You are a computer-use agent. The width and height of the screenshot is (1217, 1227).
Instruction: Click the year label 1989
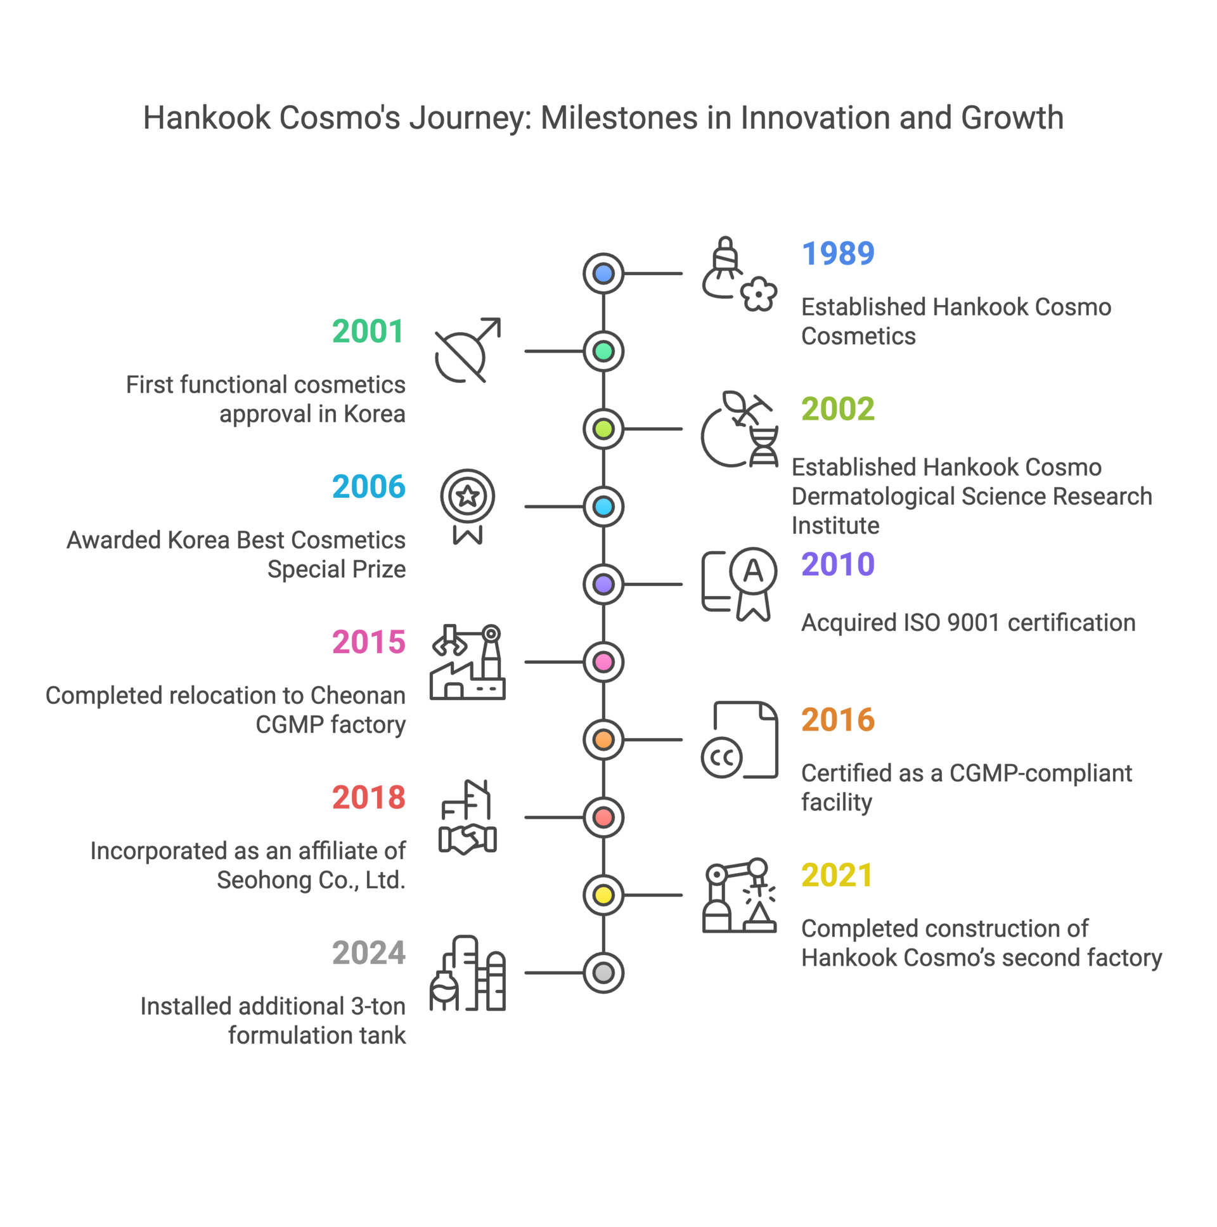click(x=837, y=254)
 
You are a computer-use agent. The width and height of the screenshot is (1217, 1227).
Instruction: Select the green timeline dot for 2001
click(x=603, y=351)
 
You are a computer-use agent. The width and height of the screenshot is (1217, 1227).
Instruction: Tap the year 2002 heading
click(x=837, y=408)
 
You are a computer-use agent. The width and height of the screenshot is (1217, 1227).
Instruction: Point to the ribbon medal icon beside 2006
click(x=467, y=506)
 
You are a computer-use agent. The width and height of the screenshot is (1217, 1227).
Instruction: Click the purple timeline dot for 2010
click(x=603, y=584)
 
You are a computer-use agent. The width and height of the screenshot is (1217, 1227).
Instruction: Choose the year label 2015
click(x=368, y=642)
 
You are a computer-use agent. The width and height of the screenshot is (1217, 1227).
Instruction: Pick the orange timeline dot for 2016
click(x=603, y=740)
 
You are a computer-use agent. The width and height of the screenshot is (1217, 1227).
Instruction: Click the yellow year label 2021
click(x=837, y=874)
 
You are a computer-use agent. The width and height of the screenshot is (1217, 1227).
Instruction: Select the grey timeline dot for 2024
click(x=603, y=973)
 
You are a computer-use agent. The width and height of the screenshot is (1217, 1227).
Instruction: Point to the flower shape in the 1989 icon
click(x=759, y=294)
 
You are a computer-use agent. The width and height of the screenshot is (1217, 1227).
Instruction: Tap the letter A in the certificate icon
click(x=753, y=571)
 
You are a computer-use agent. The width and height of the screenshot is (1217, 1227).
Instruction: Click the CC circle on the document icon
click(x=721, y=757)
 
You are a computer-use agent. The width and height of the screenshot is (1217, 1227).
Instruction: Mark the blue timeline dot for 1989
click(x=603, y=274)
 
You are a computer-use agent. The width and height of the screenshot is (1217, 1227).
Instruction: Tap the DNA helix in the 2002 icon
click(x=764, y=446)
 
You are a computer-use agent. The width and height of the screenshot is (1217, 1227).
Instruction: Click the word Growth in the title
click(x=1012, y=118)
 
